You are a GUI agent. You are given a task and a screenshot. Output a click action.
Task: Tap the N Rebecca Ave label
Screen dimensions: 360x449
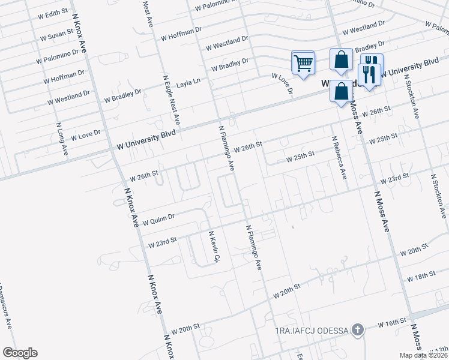pos(339,157)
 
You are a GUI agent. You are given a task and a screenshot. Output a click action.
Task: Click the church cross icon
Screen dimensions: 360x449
pos(358,330)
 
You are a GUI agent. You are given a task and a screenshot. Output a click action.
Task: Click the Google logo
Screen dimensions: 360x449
pos(20,353)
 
